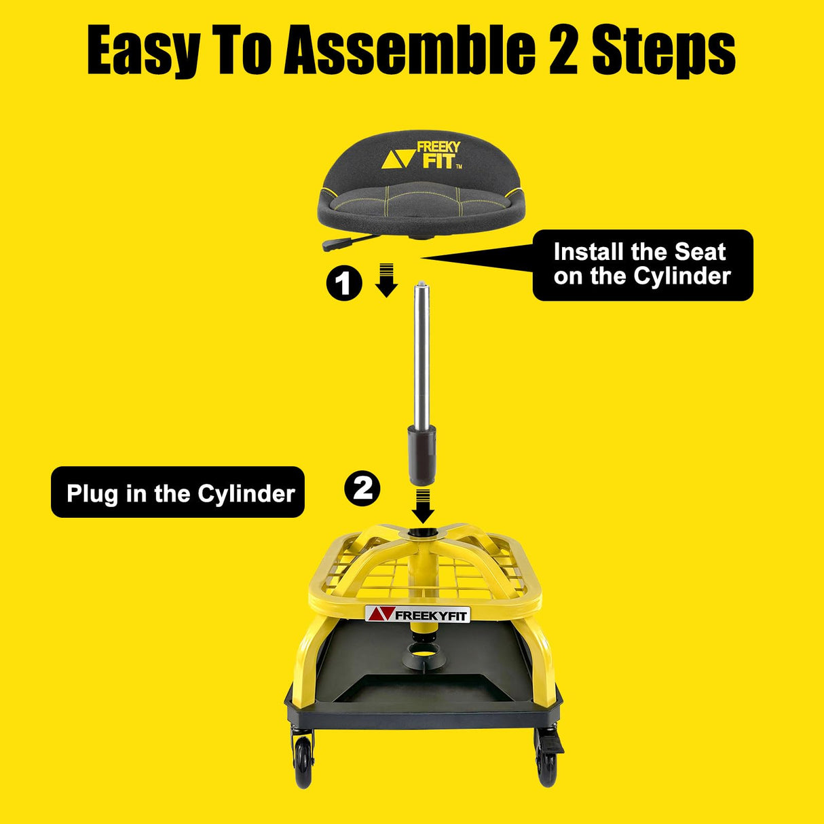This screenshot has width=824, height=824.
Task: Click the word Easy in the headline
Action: coord(143,51)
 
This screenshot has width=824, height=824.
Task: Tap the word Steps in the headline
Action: coord(663,51)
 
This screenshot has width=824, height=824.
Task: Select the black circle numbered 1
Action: coord(343,282)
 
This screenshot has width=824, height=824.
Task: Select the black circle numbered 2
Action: coord(362,488)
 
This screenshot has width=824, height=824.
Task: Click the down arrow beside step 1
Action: coord(386,280)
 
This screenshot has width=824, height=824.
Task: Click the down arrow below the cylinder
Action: coord(424,505)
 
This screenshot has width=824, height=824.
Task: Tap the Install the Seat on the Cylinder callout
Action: coord(642,265)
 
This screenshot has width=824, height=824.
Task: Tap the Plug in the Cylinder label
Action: coord(178,493)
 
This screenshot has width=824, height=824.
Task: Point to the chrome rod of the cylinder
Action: coord(423,353)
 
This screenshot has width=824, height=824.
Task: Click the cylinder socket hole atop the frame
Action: coord(422,534)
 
